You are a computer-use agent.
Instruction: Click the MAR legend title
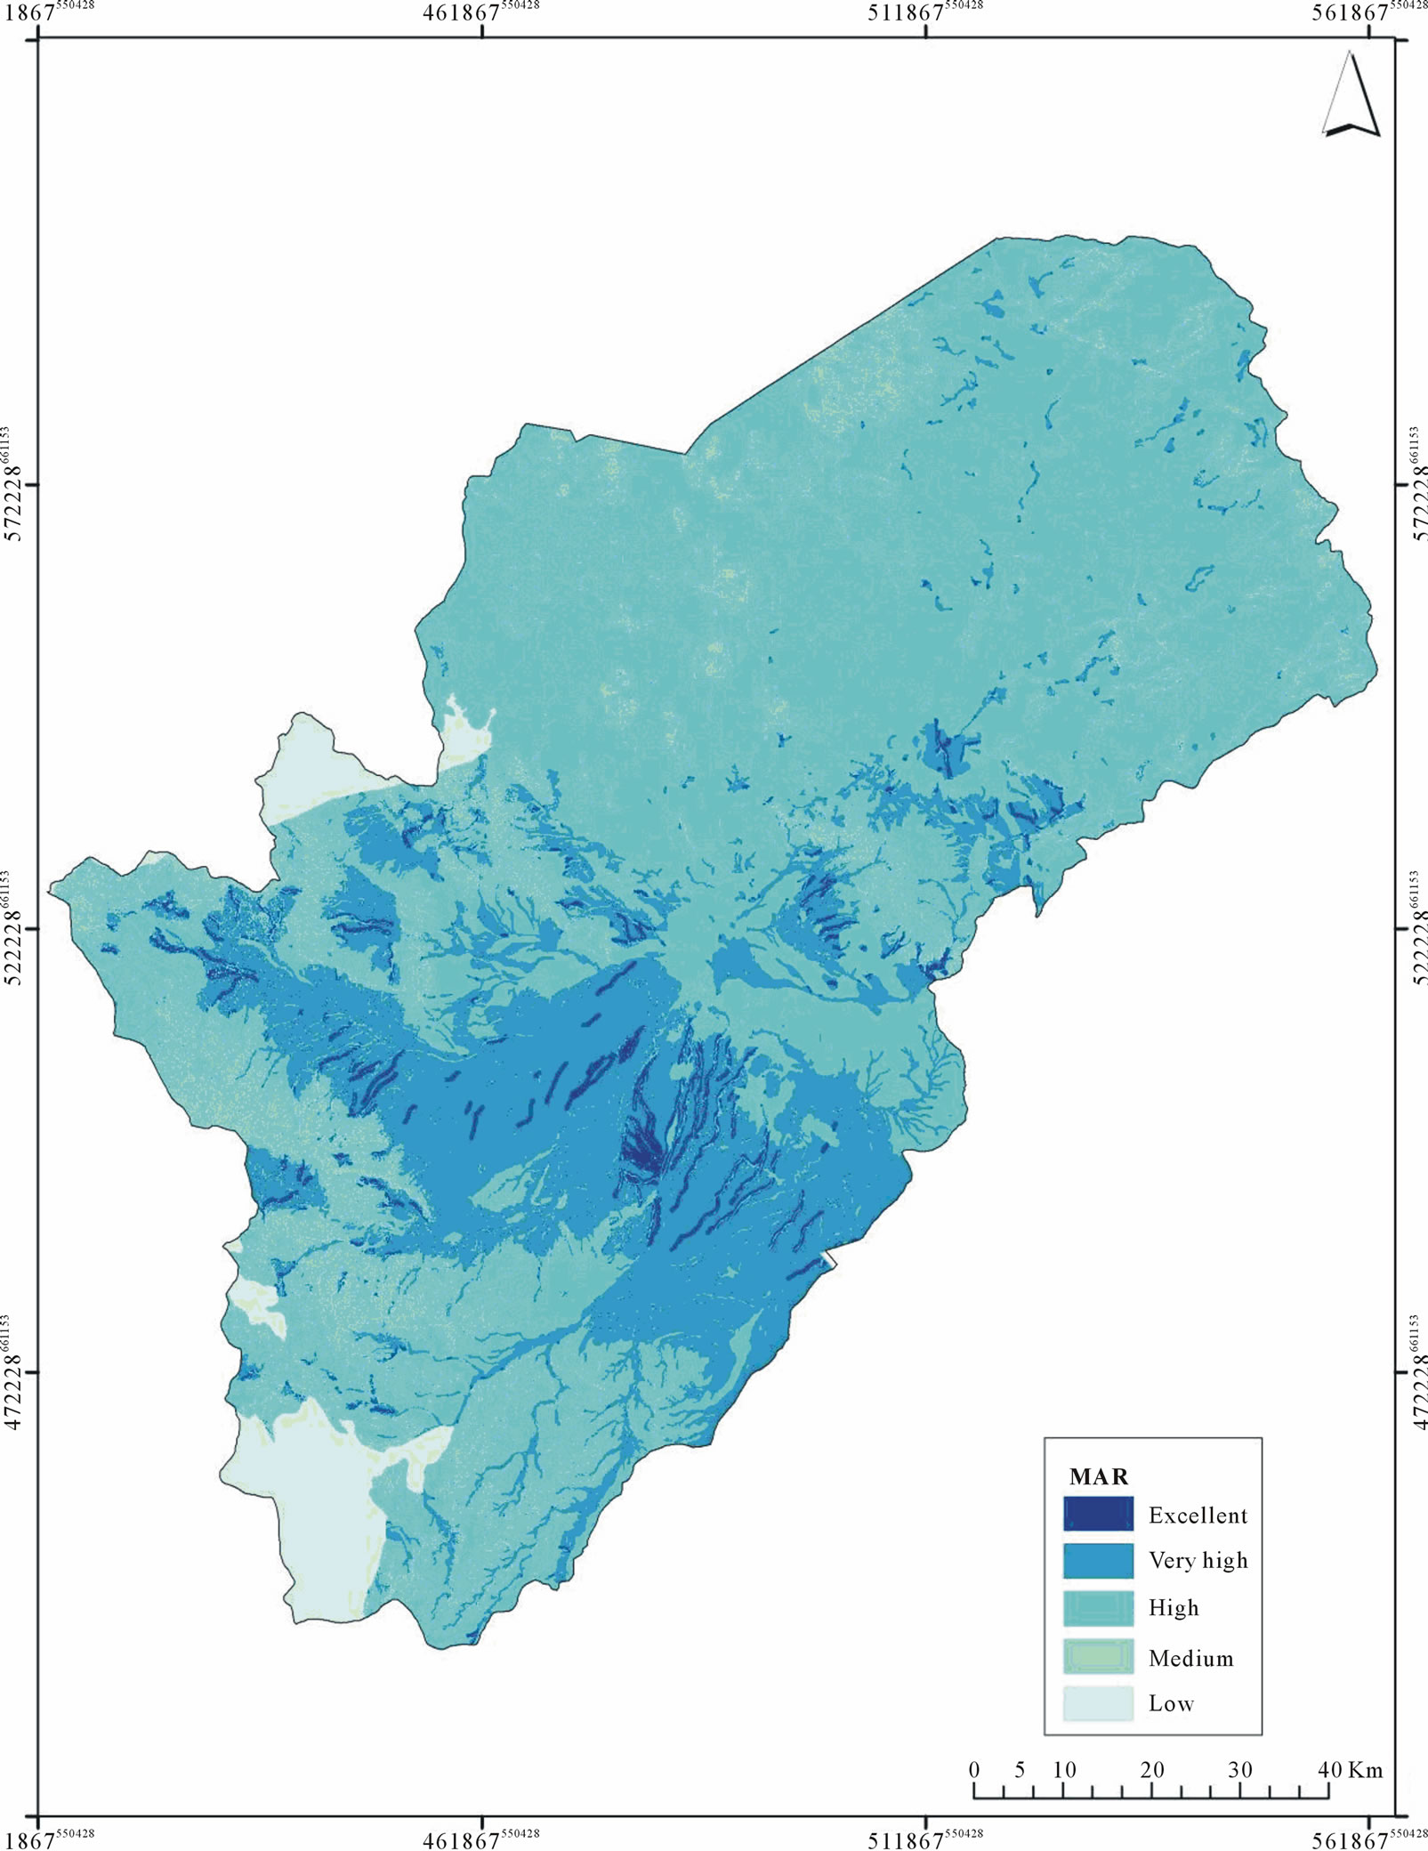[1098, 1476]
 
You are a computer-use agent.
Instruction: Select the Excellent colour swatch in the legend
[1098, 1514]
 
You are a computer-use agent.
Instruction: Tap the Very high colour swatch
[1098, 1560]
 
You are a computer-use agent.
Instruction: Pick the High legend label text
[1173, 1607]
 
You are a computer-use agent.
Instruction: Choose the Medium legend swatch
[1098, 1657]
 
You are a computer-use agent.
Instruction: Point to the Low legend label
[1170, 1703]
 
